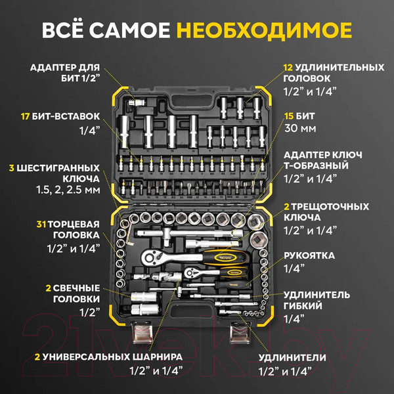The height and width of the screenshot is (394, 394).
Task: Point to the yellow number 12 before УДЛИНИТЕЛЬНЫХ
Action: point(288,68)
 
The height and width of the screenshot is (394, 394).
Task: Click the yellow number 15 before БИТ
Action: point(288,116)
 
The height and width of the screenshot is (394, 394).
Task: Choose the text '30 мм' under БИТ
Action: point(299,129)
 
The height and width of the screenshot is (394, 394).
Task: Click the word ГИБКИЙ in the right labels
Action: point(303,305)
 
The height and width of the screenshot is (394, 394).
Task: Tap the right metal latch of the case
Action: point(239,336)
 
